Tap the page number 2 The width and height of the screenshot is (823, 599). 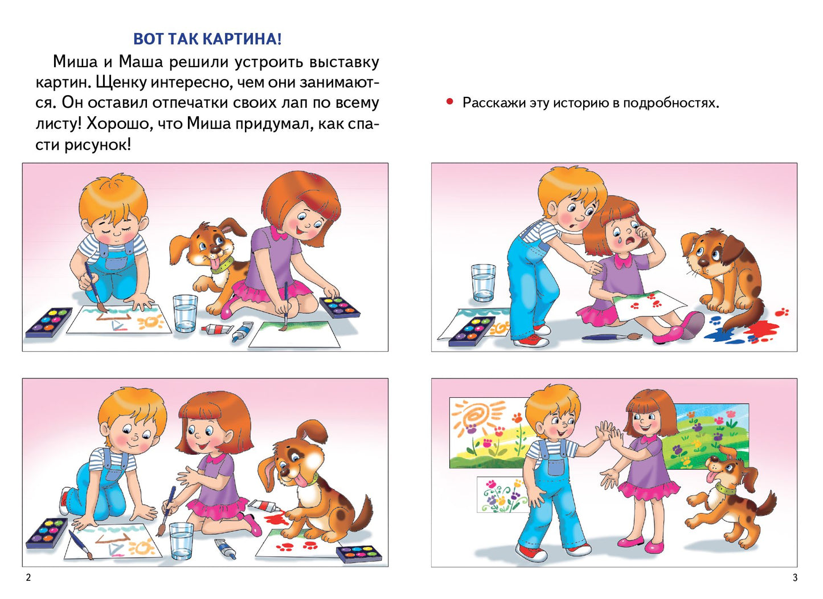(x=28, y=577)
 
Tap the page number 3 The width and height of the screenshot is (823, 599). (x=795, y=577)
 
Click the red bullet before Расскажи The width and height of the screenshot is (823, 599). (x=450, y=102)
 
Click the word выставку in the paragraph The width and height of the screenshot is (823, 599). (x=344, y=62)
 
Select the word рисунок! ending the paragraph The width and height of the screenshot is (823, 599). (x=97, y=145)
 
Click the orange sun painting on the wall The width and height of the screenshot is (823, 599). (x=478, y=416)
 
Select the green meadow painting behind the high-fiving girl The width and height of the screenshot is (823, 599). (x=709, y=436)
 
